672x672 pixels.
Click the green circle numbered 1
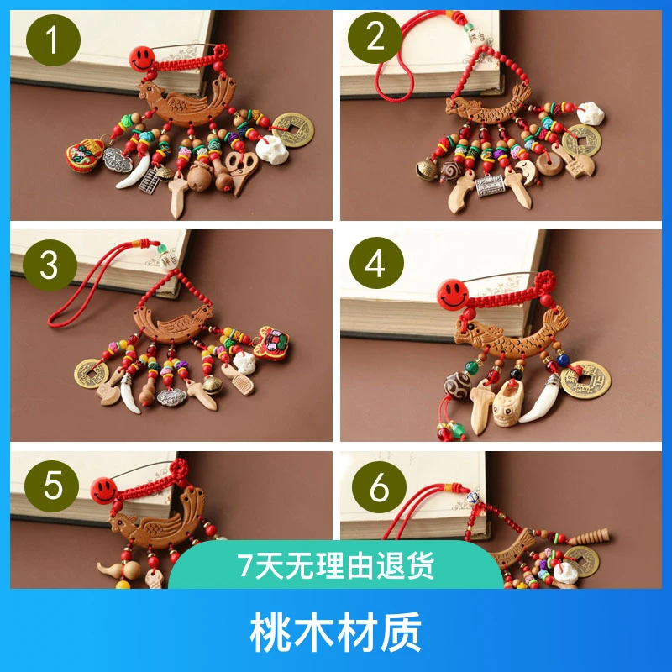53,39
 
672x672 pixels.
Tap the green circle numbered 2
375,37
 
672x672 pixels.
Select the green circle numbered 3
50,265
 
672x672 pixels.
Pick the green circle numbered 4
376,263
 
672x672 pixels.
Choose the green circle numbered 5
51,486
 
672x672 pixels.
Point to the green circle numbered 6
380,487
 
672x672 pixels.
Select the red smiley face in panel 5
103,490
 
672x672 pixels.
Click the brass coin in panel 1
293,129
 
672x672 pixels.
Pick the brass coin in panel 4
585,380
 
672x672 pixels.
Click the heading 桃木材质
336,632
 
